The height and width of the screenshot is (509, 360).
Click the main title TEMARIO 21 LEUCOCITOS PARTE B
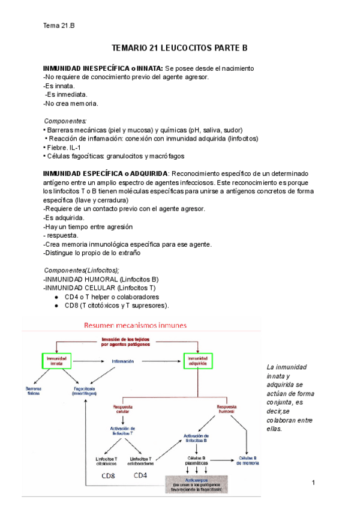(x=180, y=47)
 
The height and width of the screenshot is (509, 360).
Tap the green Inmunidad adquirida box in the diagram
(x=198, y=360)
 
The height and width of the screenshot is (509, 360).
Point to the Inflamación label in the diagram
(x=122, y=361)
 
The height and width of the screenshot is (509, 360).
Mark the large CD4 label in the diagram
(x=140, y=475)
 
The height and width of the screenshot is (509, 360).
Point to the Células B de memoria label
(x=248, y=460)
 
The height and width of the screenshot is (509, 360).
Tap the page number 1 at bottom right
(x=314, y=483)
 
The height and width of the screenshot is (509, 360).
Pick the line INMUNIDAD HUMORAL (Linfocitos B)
(x=101, y=280)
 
